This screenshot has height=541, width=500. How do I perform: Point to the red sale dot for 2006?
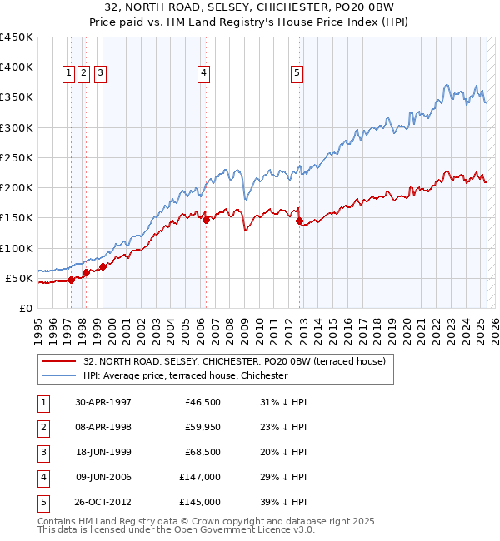pos(206,220)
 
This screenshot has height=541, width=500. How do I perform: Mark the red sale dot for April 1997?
pos(72,280)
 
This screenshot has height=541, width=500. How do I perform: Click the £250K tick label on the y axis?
pos(16,157)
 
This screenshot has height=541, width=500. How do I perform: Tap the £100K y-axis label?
pos(16,248)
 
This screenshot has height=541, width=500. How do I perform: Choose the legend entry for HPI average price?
pos(185,376)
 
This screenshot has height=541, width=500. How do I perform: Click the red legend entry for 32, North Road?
pos(234,362)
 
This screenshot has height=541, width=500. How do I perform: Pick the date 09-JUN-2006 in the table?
pos(103,477)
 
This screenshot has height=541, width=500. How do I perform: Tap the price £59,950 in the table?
pos(200,427)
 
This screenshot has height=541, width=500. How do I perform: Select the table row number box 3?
pos(41,452)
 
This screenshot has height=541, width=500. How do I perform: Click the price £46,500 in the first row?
pos(200,402)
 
